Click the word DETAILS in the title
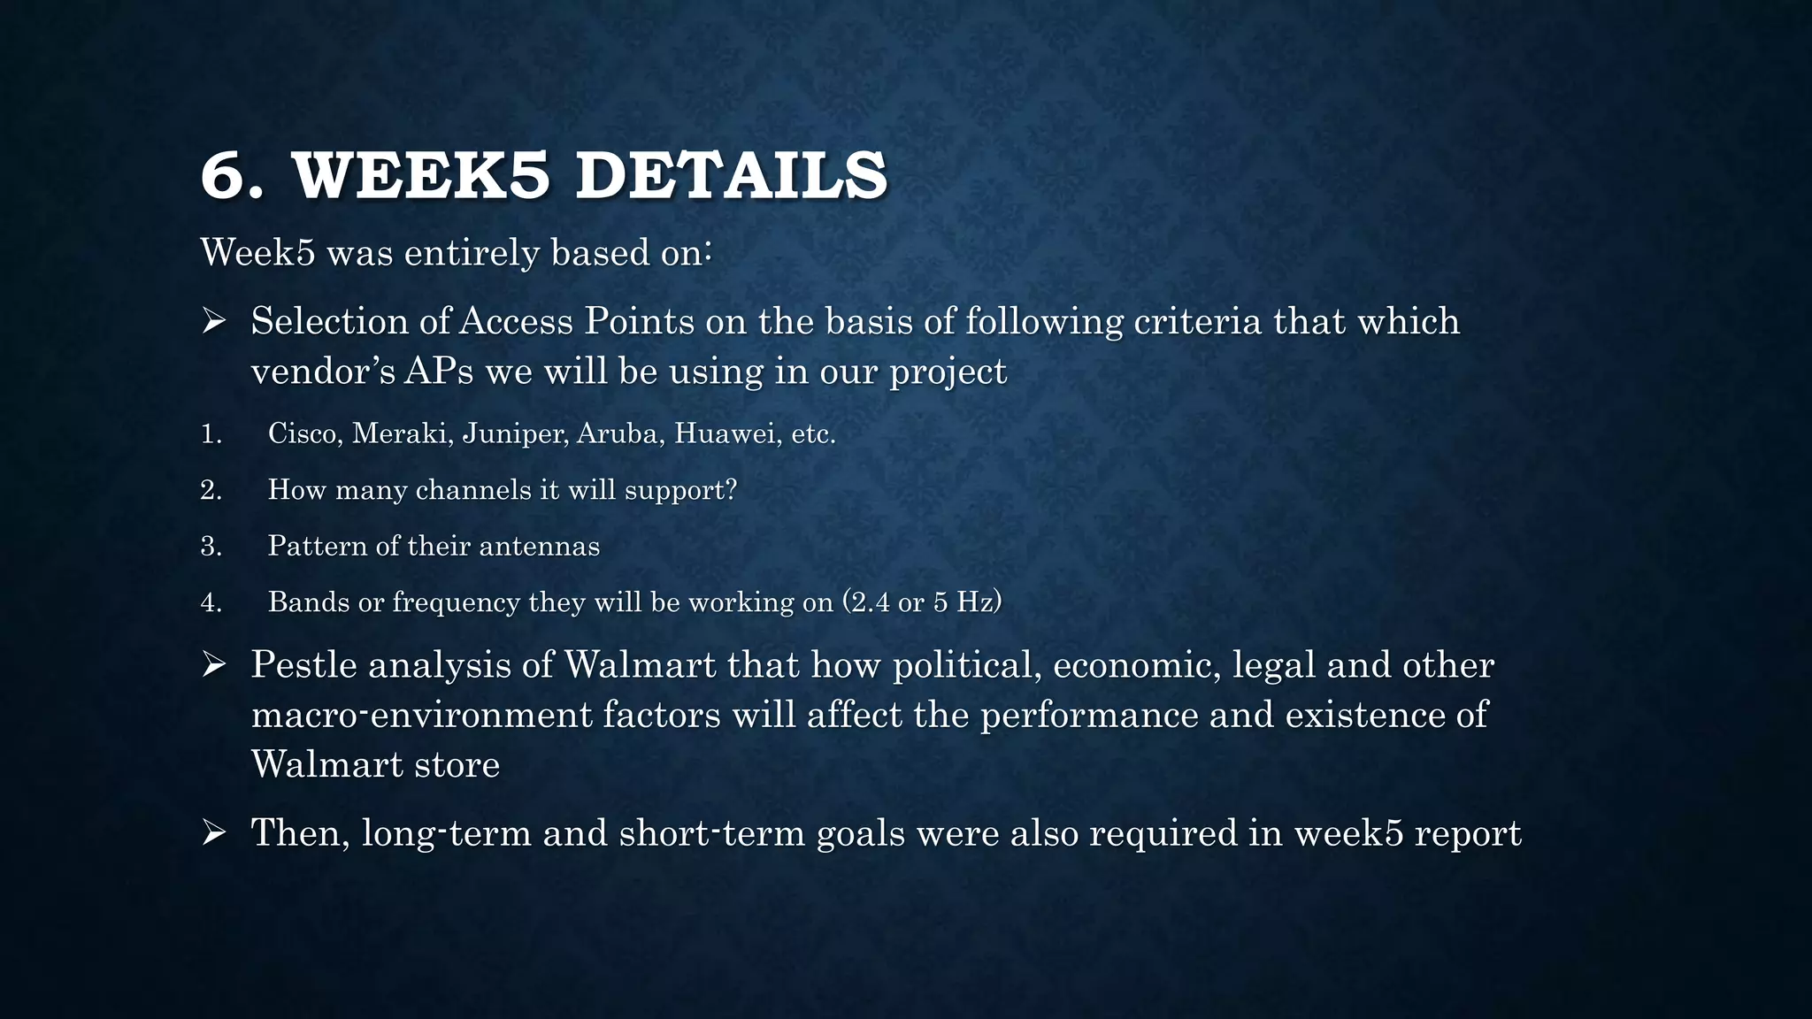coord(731,176)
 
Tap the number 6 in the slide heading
coord(222,176)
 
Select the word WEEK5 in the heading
coord(421,176)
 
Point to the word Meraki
coord(402,433)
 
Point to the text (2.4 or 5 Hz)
coord(922,601)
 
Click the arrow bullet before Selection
coord(214,321)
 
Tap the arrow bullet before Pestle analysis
coord(214,664)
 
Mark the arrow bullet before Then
coord(214,832)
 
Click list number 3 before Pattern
coord(211,546)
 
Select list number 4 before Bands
coord(211,602)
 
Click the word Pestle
coord(303,664)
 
